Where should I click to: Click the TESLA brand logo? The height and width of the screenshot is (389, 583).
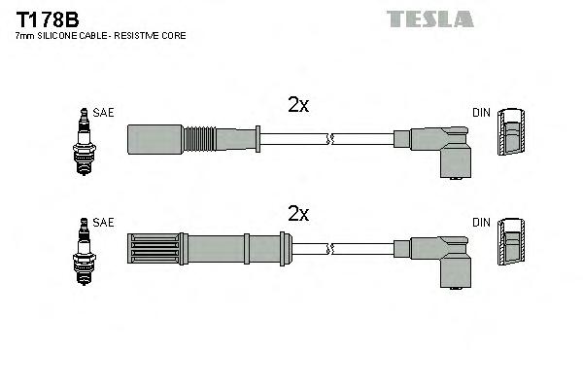click(x=429, y=18)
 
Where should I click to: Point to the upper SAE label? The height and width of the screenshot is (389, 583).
click(x=104, y=113)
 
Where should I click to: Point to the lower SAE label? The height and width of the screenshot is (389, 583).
click(x=104, y=223)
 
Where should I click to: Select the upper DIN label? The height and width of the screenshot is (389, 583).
click(x=481, y=113)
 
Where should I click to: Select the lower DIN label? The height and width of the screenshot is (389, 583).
click(x=481, y=223)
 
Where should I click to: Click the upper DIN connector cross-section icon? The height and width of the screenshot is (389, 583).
click(x=511, y=133)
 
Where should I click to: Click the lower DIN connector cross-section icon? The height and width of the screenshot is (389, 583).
click(x=511, y=242)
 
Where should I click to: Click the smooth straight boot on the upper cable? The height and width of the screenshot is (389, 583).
click(x=155, y=138)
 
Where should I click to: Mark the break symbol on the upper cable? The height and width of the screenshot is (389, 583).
click(x=332, y=139)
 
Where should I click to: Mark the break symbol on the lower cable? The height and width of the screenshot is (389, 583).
click(x=332, y=247)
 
